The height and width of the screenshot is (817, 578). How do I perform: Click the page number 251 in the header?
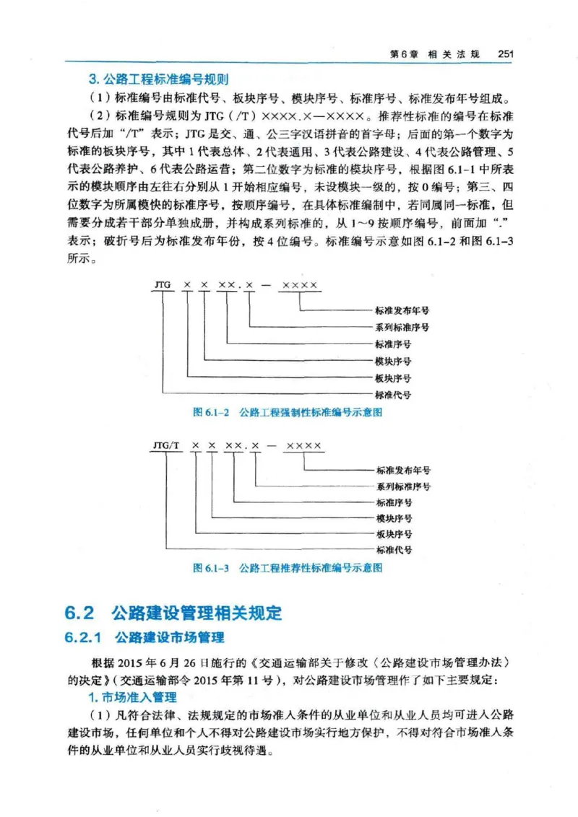504,53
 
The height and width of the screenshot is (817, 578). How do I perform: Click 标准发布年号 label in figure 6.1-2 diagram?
402,310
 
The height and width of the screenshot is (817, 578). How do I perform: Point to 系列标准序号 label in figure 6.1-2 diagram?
402,327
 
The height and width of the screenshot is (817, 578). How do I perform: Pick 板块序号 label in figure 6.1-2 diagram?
393,377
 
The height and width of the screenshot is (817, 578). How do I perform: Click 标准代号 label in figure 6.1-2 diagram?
393,395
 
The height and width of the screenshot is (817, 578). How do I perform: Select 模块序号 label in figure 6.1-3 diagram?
394,518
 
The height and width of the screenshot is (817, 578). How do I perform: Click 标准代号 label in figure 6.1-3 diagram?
394,550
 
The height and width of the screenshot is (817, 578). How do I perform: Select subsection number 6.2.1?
85,638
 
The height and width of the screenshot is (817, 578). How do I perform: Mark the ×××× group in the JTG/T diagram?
303,447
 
